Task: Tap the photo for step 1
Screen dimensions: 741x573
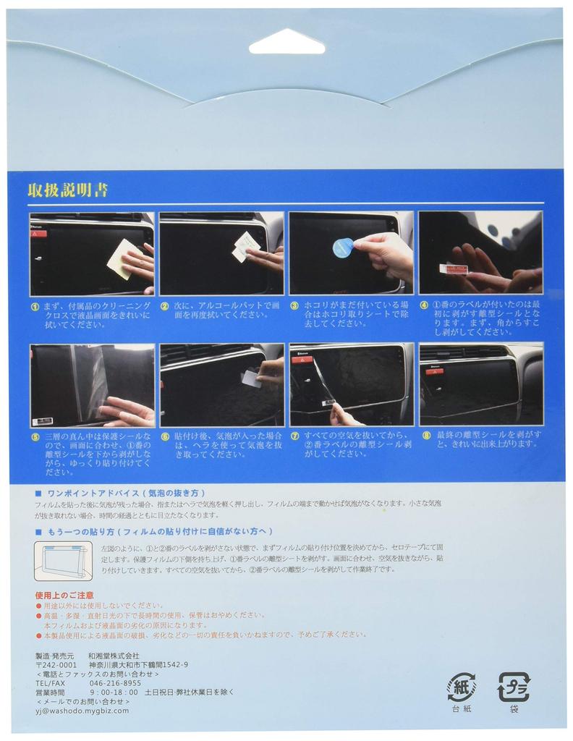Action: tap(92, 253)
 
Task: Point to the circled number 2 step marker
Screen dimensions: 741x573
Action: tap(164, 306)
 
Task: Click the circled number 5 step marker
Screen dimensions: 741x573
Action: tap(35, 437)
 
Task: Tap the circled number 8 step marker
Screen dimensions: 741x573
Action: tap(425, 435)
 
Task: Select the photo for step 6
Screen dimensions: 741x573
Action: tap(221, 385)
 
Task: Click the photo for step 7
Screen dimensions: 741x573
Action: tap(351, 385)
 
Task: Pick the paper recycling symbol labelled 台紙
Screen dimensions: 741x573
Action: tap(461, 687)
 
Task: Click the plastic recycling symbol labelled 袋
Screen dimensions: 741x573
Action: tap(513, 687)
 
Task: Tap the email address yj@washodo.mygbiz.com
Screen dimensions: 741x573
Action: tap(82, 711)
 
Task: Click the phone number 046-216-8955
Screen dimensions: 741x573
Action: tap(115, 682)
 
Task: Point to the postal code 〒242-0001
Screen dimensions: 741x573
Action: tap(56, 664)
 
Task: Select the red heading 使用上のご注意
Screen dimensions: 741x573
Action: tap(64, 594)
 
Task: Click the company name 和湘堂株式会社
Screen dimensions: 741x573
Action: tap(114, 655)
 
